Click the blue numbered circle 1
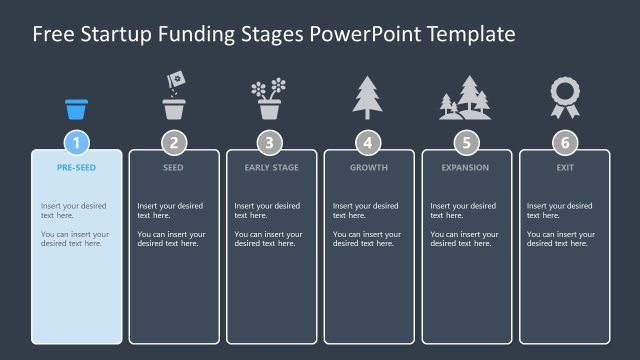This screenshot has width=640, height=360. pyautogui.click(x=77, y=142)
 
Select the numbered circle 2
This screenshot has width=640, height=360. pyautogui.click(x=174, y=142)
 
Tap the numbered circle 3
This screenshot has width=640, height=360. pyautogui.click(x=271, y=142)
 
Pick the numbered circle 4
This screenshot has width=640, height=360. pyautogui.click(x=368, y=142)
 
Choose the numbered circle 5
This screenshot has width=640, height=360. pyautogui.click(x=465, y=142)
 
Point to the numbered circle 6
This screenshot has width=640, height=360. pyautogui.click(x=564, y=142)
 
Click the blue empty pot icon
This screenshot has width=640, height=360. pyautogui.click(x=77, y=108)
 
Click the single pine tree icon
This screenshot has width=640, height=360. pyautogui.click(x=368, y=98)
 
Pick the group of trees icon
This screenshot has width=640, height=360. pyautogui.click(x=465, y=99)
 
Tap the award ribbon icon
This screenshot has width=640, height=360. pyautogui.click(x=564, y=98)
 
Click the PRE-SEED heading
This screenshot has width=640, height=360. pyautogui.click(x=77, y=167)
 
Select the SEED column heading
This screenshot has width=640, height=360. pyautogui.click(x=174, y=167)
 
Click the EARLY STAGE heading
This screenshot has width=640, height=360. pyautogui.click(x=271, y=167)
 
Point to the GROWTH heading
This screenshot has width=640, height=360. pyautogui.click(x=368, y=167)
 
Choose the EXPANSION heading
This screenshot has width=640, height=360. pyautogui.click(x=465, y=167)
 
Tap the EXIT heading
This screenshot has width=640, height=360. pyautogui.click(x=564, y=167)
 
